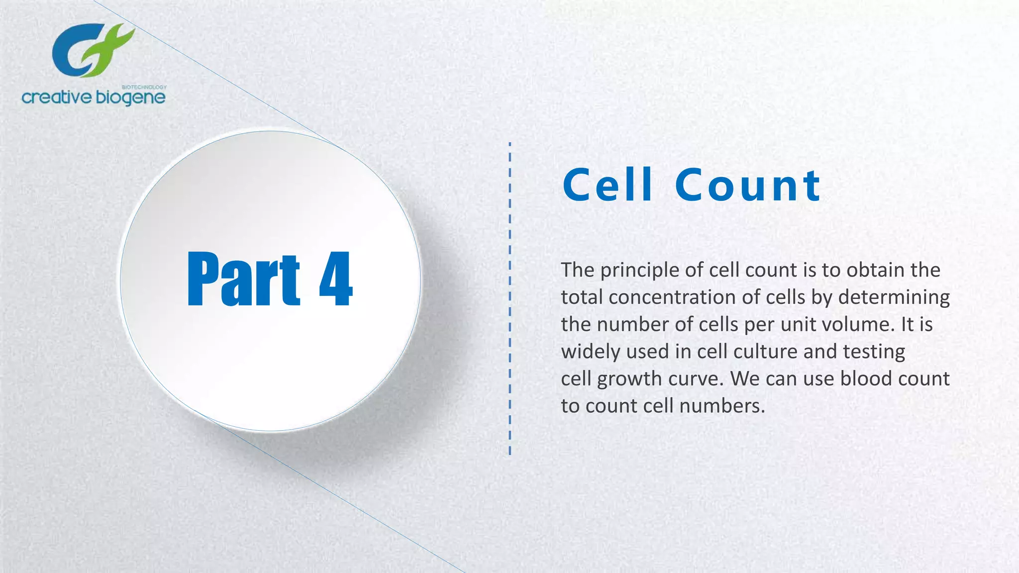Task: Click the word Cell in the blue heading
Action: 607,185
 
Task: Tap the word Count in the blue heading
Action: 747,185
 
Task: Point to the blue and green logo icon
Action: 93,50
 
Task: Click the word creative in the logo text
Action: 57,97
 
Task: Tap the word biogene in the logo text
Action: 130,98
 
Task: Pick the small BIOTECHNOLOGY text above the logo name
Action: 144,87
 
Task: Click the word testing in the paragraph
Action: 874,352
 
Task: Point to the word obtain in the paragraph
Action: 876,270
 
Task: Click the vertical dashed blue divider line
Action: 510,298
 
